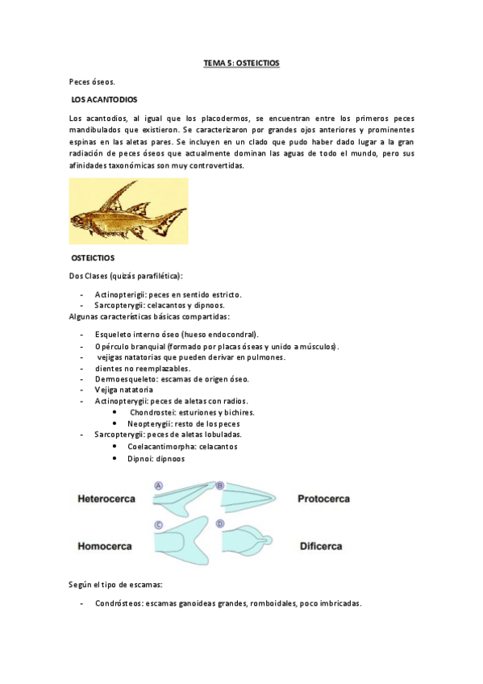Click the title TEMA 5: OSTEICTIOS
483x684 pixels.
coord(241,62)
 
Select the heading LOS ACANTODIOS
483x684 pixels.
coord(104,99)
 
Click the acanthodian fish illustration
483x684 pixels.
coord(128,211)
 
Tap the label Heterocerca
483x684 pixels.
coord(106,498)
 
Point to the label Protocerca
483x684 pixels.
coord(323,498)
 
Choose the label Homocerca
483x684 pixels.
coord(105,546)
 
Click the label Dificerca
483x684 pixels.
coord(320,546)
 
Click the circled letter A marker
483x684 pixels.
coord(158,486)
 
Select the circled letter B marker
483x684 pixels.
coord(219,486)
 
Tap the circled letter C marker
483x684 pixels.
coord(158,525)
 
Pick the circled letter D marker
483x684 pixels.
coord(219,525)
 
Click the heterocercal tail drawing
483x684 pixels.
coord(181,502)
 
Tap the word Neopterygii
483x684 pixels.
coord(150,423)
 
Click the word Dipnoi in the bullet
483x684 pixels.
coord(140,458)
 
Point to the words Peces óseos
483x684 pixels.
coord(92,81)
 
